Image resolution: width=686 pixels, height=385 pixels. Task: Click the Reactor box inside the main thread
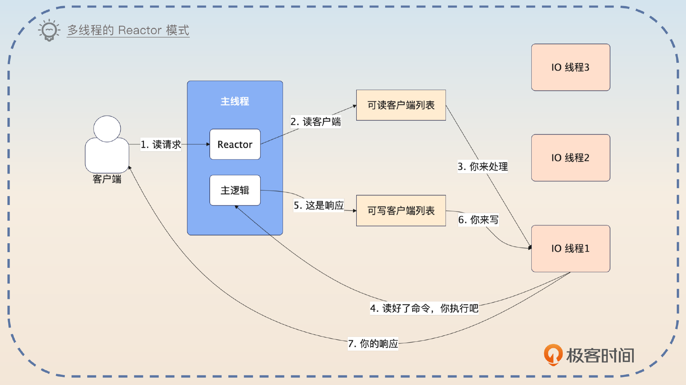235,144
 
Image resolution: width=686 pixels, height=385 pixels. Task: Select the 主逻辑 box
235,190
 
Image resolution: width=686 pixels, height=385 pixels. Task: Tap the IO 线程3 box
570,67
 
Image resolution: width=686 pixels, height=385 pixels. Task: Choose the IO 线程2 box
570,157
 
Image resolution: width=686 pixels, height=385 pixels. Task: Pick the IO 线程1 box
570,248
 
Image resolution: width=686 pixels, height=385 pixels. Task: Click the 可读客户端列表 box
401,105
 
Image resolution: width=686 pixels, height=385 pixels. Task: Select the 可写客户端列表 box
401,210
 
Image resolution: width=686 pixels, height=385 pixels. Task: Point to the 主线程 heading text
235,101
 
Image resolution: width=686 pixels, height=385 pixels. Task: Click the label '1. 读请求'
161,144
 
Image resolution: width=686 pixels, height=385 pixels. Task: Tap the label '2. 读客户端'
315,122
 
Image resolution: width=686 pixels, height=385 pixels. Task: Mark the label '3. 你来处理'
482,166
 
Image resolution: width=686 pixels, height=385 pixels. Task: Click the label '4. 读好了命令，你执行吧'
424,308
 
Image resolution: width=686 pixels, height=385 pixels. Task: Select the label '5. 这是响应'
318,205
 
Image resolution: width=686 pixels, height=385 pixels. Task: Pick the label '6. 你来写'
478,220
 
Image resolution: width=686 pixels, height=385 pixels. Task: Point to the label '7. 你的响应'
373,344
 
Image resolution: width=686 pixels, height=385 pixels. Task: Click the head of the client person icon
107,129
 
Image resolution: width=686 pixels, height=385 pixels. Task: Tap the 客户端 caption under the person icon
107,179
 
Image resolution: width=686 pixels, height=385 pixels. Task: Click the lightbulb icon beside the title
49,30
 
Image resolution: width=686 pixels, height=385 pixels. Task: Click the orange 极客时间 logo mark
553,354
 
